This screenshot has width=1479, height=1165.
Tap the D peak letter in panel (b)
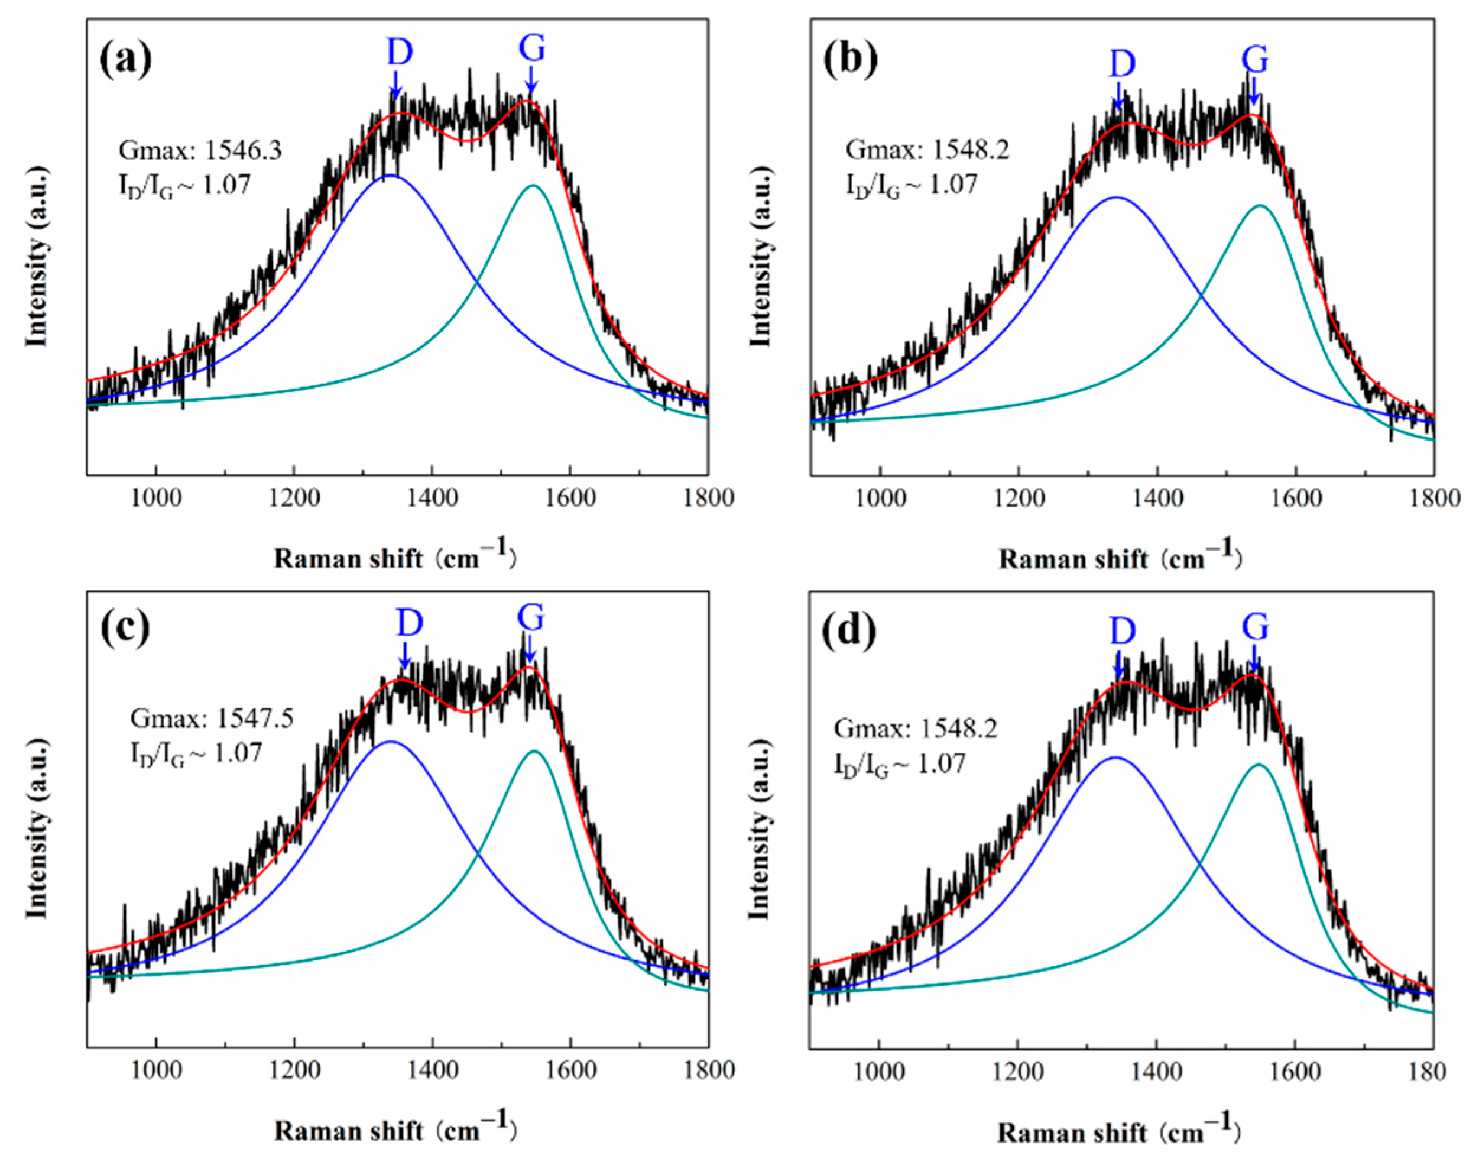point(1122,65)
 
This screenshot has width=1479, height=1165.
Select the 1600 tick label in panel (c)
point(569,1070)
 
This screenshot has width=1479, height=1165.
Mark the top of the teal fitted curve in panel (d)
point(1258,765)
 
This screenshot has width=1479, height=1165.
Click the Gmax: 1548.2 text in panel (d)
point(915,729)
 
